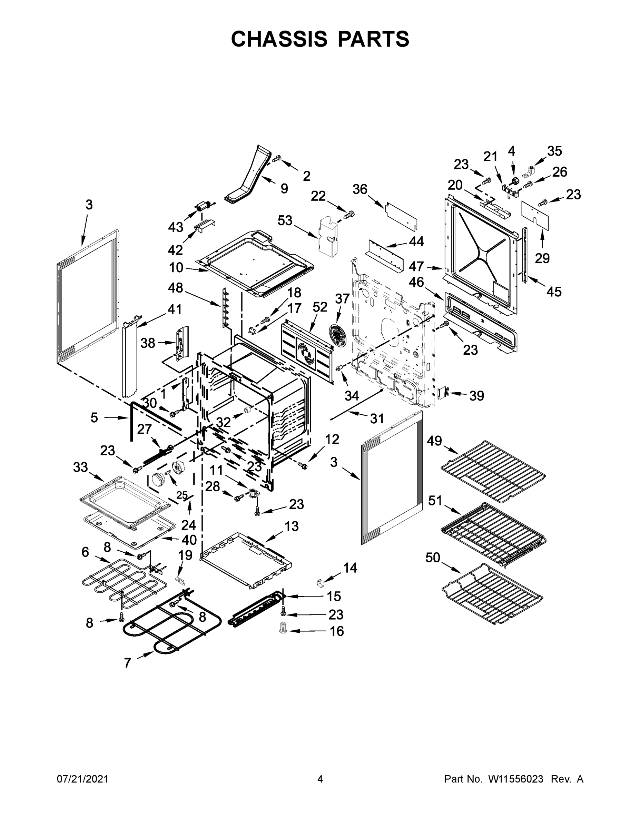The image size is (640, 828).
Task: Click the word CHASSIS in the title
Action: pyautogui.click(x=279, y=39)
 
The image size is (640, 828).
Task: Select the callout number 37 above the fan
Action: pyautogui.click(x=342, y=299)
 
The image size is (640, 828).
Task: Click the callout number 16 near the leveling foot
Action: pyautogui.click(x=337, y=631)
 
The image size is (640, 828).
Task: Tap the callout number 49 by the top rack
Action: pyautogui.click(x=434, y=441)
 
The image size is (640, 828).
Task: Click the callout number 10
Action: pyautogui.click(x=176, y=268)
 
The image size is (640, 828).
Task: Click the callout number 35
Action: pyautogui.click(x=554, y=151)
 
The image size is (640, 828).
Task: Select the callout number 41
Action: pyautogui.click(x=175, y=309)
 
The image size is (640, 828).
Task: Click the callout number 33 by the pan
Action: pyautogui.click(x=80, y=467)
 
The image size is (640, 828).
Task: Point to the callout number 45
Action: pyautogui.click(x=553, y=292)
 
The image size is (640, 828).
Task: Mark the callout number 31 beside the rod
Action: pyautogui.click(x=377, y=418)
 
